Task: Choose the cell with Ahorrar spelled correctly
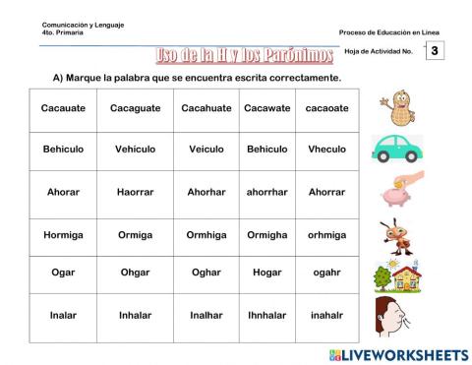[326, 192]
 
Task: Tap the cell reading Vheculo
[326, 149]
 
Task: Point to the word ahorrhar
[266, 192]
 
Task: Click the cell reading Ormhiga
[206, 235]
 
